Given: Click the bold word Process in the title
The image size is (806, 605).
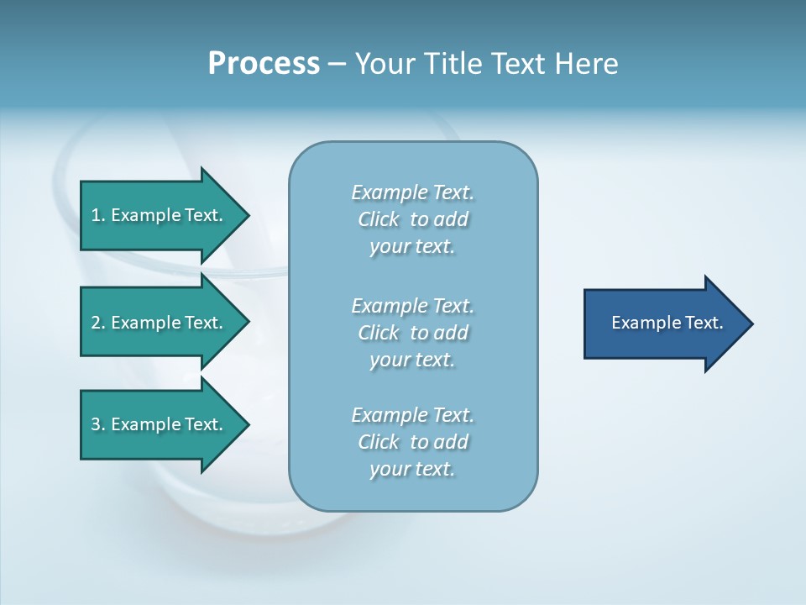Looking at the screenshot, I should (264, 64).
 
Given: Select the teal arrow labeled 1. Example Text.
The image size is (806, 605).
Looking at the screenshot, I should (160, 215).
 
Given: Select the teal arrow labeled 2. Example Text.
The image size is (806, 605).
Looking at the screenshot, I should (160, 323).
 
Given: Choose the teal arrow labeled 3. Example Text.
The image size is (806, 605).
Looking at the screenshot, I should (160, 424).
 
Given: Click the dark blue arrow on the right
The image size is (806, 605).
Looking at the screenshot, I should (663, 324).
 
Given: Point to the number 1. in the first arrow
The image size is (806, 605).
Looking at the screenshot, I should (98, 215).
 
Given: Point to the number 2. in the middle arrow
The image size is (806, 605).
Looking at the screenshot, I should (98, 323).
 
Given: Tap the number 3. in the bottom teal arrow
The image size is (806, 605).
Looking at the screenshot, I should (98, 424).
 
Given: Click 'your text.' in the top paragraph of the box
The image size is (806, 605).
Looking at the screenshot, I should (412, 247).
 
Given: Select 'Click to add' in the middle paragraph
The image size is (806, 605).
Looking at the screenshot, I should (412, 333).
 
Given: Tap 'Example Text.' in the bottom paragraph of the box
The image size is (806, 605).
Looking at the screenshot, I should (412, 415).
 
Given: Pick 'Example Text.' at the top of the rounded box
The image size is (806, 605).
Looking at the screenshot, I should (412, 192).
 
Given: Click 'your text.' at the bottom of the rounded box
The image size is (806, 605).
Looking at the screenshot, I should (412, 469).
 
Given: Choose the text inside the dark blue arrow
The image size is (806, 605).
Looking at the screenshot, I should (667, 323).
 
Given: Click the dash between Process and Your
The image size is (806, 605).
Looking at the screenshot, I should (337, 65).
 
